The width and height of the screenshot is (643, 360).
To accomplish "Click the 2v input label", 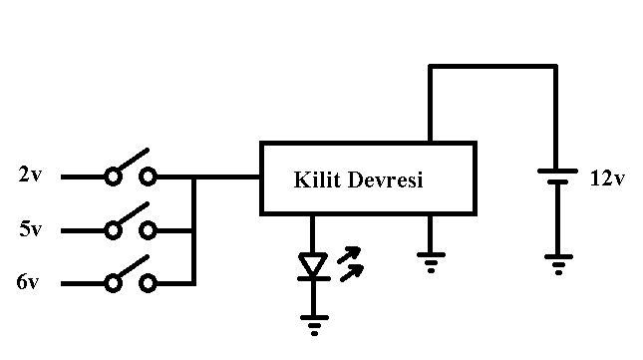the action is coord(30,175).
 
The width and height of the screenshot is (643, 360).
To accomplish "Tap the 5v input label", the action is coord(30,228).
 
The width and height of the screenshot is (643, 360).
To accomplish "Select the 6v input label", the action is coord(28,281).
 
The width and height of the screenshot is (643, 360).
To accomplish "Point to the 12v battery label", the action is coord(607,179).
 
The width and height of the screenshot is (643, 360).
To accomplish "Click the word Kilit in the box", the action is coord(317,180).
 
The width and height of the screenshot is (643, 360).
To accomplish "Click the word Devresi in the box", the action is coord(385,180).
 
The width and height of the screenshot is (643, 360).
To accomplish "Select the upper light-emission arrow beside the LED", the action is coord(349,254).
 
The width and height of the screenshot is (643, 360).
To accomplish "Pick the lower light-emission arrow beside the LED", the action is coord(352,273).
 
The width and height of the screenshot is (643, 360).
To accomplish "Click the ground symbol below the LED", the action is coord(315,325).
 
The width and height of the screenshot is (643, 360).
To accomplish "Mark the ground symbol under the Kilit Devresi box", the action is coord(431,262).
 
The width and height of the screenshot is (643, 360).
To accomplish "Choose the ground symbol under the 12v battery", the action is coord(558,264).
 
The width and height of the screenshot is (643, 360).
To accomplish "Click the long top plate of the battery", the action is coord(557,171).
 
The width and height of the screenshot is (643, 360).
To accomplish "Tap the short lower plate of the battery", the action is coord(557,182).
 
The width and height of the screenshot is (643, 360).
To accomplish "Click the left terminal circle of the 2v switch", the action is coord(114,177).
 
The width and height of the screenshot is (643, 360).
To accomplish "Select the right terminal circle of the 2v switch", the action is coord(148,177).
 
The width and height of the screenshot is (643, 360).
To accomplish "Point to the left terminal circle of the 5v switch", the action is coord(114,230).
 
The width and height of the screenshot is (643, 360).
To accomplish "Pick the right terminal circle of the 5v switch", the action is coord(148,230).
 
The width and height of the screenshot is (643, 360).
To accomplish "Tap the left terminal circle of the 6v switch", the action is coord(114,283).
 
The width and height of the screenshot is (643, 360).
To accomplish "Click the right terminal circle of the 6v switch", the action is coord(148,283).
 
